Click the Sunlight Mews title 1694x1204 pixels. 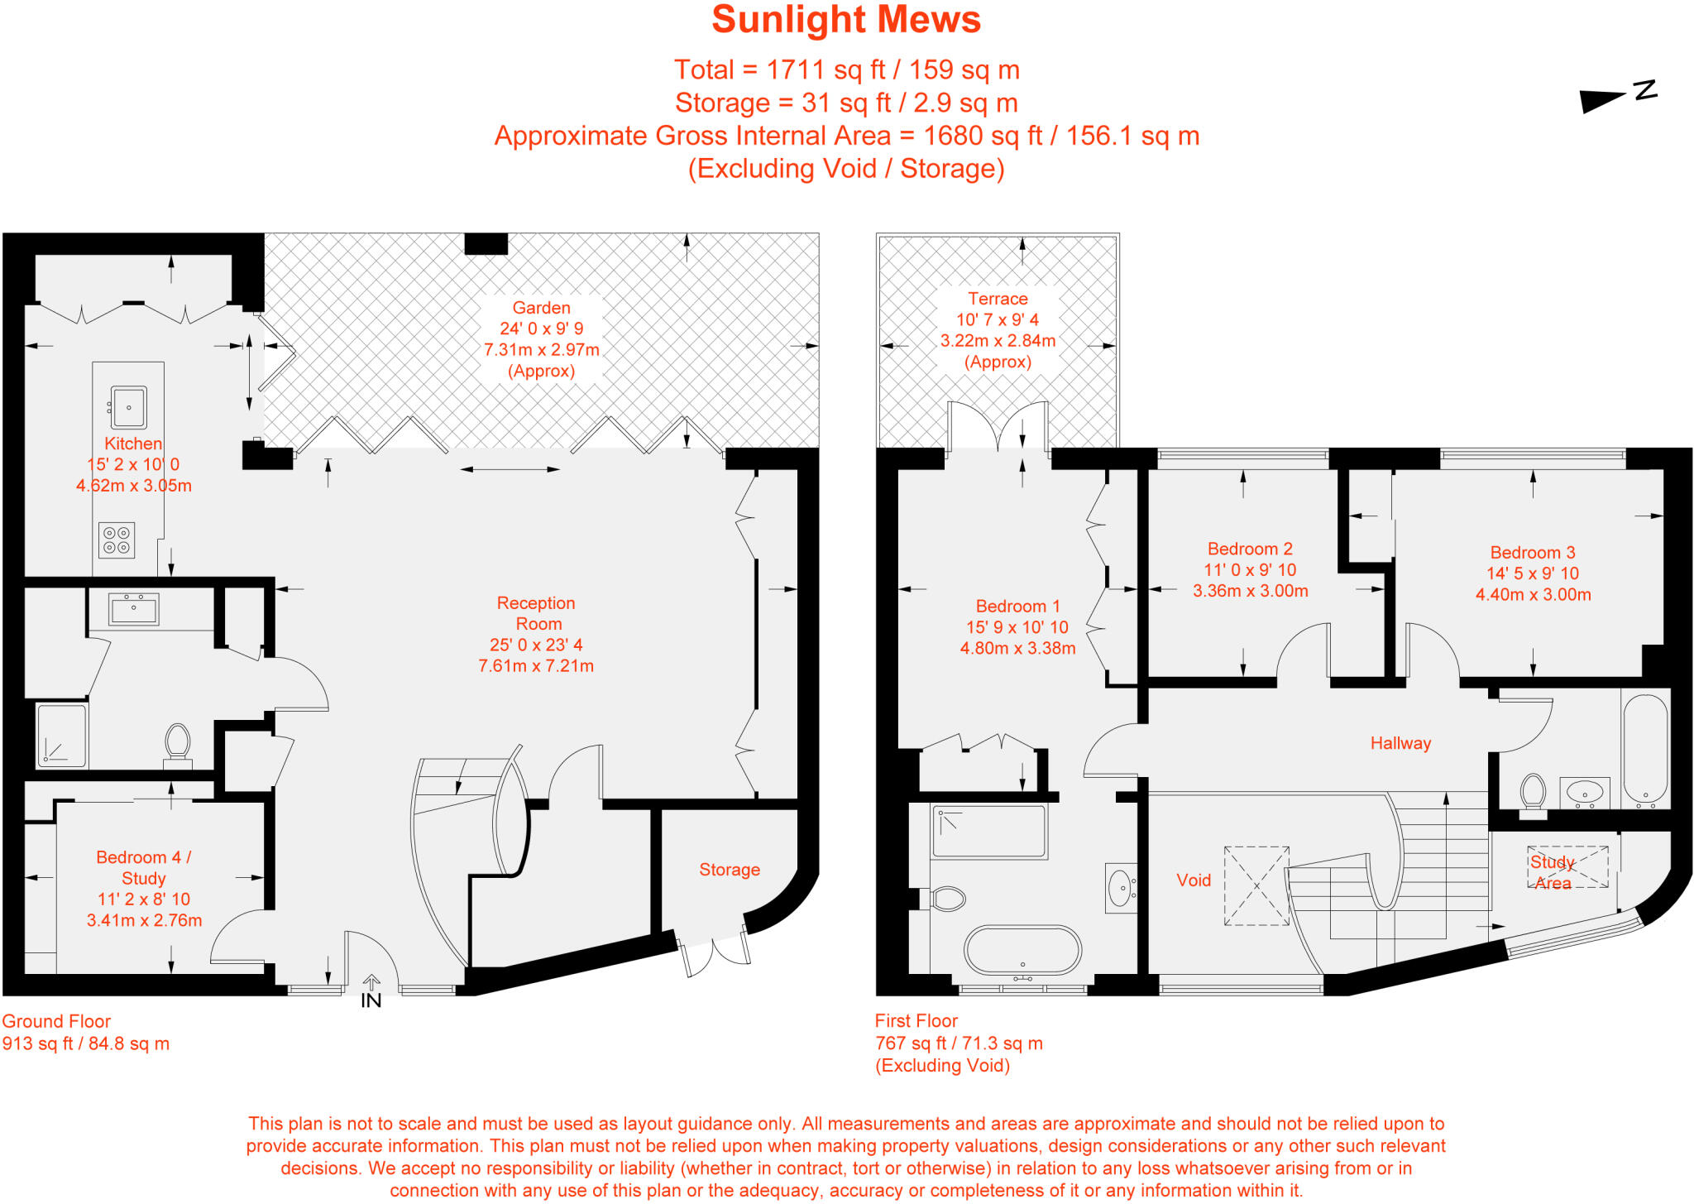[x=845, y=20]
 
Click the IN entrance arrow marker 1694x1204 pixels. [x=371, y=983]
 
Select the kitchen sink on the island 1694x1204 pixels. [x=129, y=407]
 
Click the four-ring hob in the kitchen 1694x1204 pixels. [x=117, y=540]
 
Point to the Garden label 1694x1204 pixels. [x=541, y=308]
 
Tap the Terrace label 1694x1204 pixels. [x=998, y=299]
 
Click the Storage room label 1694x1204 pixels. [x=729, y=870]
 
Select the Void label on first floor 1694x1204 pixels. [x=1194, y=880]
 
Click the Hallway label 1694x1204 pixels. [x=1400, y=743]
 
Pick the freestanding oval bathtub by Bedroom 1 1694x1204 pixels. [x=1022, y=950]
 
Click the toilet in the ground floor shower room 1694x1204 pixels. [x=178, y=741]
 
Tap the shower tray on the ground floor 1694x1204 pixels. [x=62, y=735]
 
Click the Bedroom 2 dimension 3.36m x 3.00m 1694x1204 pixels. [x=1250, y=591]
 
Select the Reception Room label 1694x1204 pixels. [x=536, y=613]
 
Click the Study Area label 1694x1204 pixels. [x=1553, y=872]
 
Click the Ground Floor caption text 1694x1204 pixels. [x=56, y=1021]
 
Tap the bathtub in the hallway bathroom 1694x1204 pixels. [x=1645, y=750]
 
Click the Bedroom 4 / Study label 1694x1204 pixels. [x=144, y=867]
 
